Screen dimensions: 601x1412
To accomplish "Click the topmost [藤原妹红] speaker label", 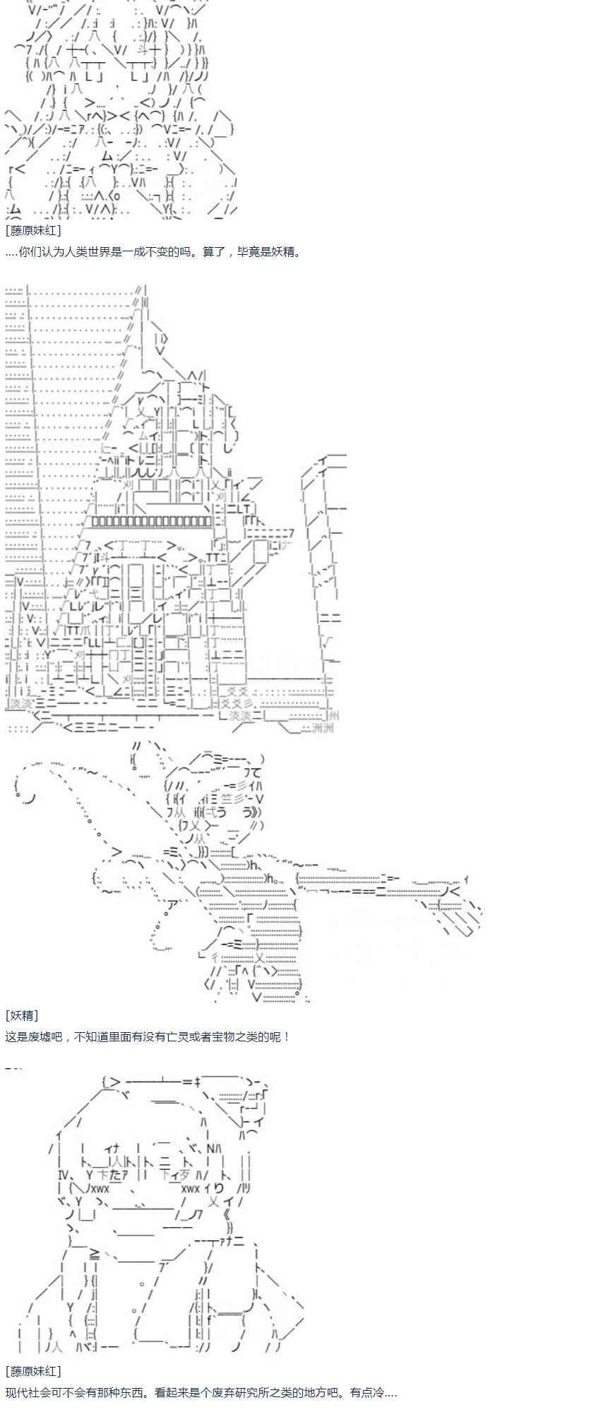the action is tap(33, 230).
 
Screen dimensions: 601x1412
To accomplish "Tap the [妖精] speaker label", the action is tap(22, 1015).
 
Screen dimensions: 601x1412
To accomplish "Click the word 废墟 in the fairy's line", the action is tap(38, 1036).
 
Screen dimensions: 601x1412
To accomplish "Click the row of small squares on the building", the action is tap(152, 521).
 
